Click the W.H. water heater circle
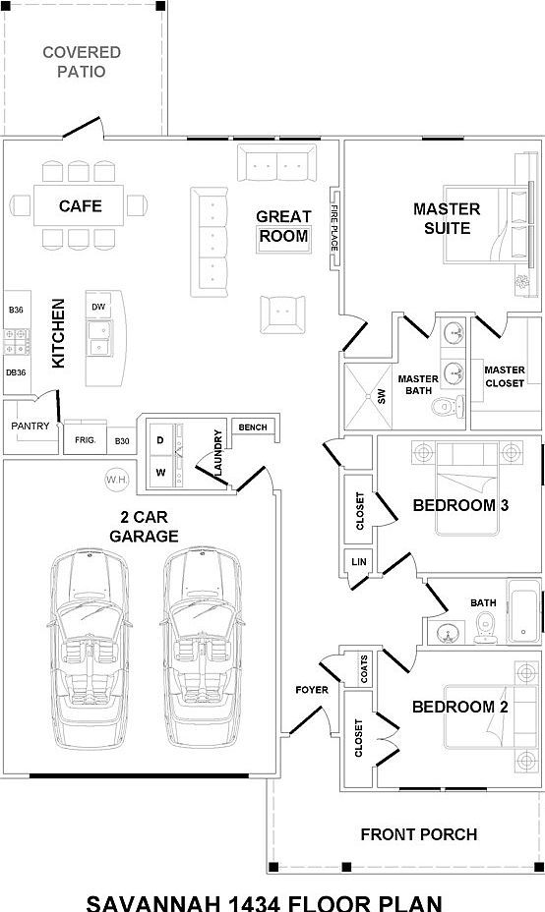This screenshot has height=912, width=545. point(117,480)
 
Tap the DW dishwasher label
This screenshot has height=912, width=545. point(99,307)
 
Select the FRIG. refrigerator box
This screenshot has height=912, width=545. point(85,439)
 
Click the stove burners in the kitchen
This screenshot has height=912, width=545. point(17,341)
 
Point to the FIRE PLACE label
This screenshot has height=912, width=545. point(334,228)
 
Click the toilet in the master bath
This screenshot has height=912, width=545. point(449,406)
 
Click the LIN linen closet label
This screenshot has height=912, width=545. point(359,562)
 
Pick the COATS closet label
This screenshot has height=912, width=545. point(365,669)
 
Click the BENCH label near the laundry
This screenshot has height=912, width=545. point(253,427)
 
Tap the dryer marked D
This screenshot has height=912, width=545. point(160,440)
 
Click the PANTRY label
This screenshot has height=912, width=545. point(30,426)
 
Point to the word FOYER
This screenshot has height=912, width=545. point(312,690)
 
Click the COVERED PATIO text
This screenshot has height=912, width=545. point(82,62)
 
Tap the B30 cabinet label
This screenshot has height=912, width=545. point(122,441)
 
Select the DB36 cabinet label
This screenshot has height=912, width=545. point(16,372)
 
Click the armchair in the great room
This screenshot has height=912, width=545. point(282,314)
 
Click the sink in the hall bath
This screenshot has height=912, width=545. point(447,632)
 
